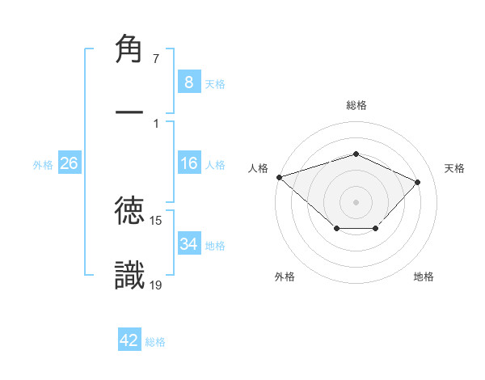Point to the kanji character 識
coord(129,275)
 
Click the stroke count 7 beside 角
coord(155,59)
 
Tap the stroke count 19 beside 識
coord(156,284)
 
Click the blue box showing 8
coord(188,82)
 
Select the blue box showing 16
coord(188,163)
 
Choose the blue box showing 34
coord(188,244)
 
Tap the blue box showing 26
coord(69,163)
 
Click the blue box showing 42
coord(129,340)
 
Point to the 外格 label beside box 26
coord(43,164)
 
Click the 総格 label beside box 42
coord(155,342)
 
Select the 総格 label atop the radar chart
coord(356,105)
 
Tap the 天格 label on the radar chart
coord(455,168)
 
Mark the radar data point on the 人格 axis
coord(279,176)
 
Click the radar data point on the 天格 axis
coord(418,182)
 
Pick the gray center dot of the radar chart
coord(356,201)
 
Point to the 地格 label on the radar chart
coord(424,277)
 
